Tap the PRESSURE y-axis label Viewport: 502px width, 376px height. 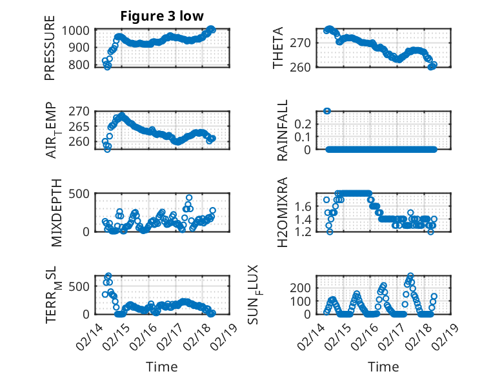point(50,52)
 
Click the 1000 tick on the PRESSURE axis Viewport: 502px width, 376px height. point(78,30)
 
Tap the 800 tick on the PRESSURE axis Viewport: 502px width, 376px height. point(81,64)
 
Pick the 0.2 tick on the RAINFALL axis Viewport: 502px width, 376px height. point(305,123)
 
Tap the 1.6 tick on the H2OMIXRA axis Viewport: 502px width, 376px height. point(305,206)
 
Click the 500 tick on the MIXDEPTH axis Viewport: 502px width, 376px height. point(81,194)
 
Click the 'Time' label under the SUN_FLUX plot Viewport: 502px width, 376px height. point(383,367)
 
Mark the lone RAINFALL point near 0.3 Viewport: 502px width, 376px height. point(327,111)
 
